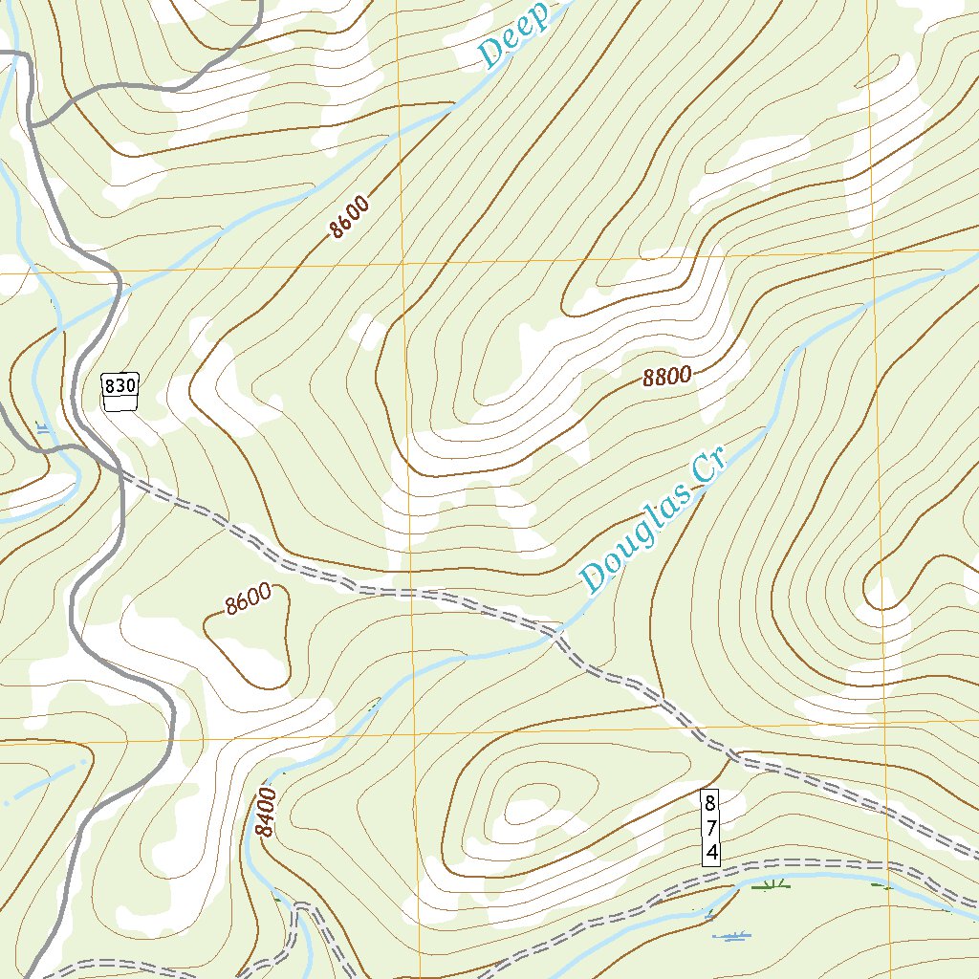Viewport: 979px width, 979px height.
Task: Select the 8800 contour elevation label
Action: click(666, 377)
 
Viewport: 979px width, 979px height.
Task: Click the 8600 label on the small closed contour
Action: click(249, 600)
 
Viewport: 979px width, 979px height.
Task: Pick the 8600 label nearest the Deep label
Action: click(347, 216)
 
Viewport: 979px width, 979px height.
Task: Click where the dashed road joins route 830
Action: click(122, 469)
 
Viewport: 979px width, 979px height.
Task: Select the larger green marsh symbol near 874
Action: click(771, 885)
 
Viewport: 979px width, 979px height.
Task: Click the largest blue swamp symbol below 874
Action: click(732, 936)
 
